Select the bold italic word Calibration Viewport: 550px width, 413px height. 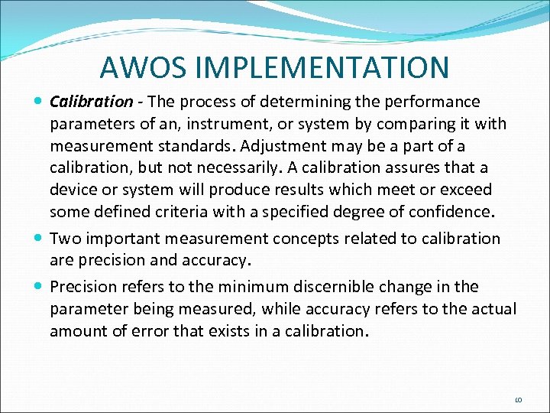tap(91, 102)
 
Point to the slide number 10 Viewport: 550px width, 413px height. tap(517, 399)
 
